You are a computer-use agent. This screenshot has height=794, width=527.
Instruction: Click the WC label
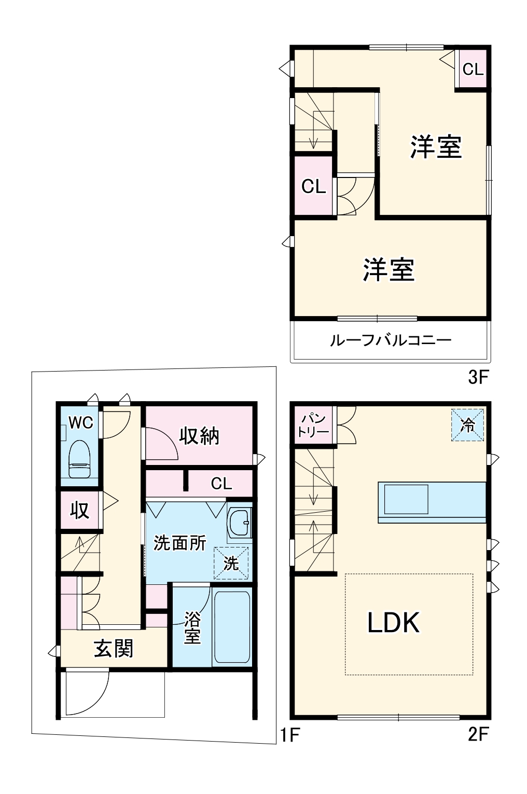[81, 423]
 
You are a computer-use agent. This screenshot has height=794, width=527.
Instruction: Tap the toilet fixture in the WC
[80, 459]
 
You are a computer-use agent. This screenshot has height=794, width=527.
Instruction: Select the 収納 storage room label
[199, 436]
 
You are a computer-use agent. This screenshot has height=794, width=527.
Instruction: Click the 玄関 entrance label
[114, 649]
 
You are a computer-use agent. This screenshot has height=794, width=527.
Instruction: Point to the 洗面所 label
[180, 543]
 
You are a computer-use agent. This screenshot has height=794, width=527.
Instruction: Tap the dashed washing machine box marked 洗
[231, 563]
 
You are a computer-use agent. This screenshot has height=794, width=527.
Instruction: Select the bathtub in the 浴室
[232, 627]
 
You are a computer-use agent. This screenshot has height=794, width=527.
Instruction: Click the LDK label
[393, 622]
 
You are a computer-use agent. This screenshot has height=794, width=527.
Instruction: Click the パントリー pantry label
[313, 425]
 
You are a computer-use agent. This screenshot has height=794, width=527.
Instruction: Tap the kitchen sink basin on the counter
[406, 499]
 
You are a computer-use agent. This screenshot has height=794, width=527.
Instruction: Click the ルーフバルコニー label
[391, 340]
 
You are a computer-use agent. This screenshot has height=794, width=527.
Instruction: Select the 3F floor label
[478, 377]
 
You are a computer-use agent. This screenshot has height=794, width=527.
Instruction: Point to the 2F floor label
[478, 734]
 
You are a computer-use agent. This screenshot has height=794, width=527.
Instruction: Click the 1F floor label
[290, 735]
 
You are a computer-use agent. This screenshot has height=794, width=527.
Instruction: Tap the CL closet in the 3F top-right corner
[473, 69]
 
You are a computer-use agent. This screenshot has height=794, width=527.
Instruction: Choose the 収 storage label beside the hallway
[80, 511]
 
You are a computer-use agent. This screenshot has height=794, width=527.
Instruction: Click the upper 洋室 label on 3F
[436, 147]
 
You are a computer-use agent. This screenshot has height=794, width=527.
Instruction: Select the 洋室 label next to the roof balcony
[389, 270]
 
